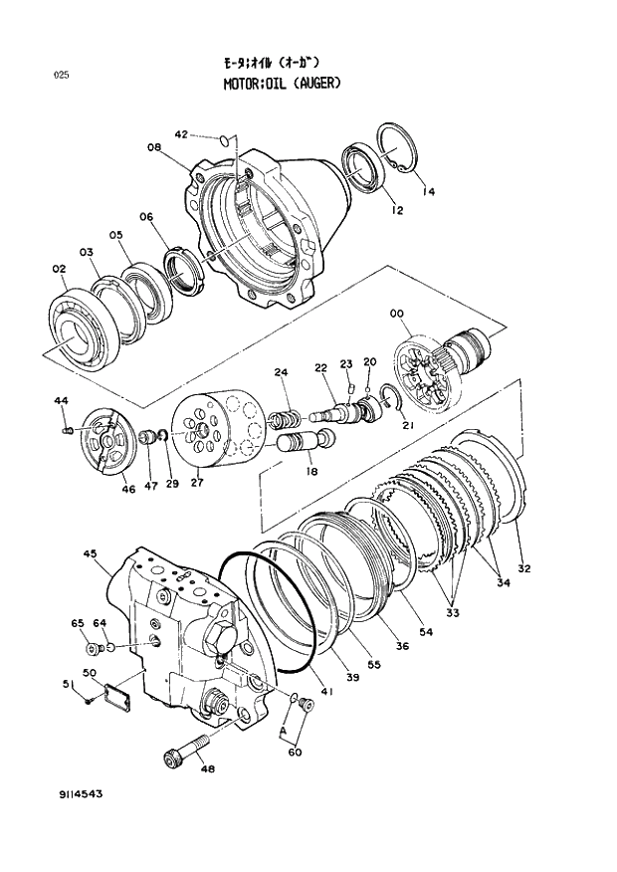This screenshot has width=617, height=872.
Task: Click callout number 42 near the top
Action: pos(181,134)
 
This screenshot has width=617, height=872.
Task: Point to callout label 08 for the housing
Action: pos(154,148)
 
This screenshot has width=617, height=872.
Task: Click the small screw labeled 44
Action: pos(67,430)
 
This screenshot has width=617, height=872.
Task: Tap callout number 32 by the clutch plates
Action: pos(523,569)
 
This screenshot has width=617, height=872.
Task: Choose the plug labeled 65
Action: pos(93,650)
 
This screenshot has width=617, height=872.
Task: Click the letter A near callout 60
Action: pos(285,729)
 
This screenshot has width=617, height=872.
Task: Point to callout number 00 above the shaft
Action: pos(397,314)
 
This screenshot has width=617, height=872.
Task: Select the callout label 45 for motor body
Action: pos(89,555)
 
